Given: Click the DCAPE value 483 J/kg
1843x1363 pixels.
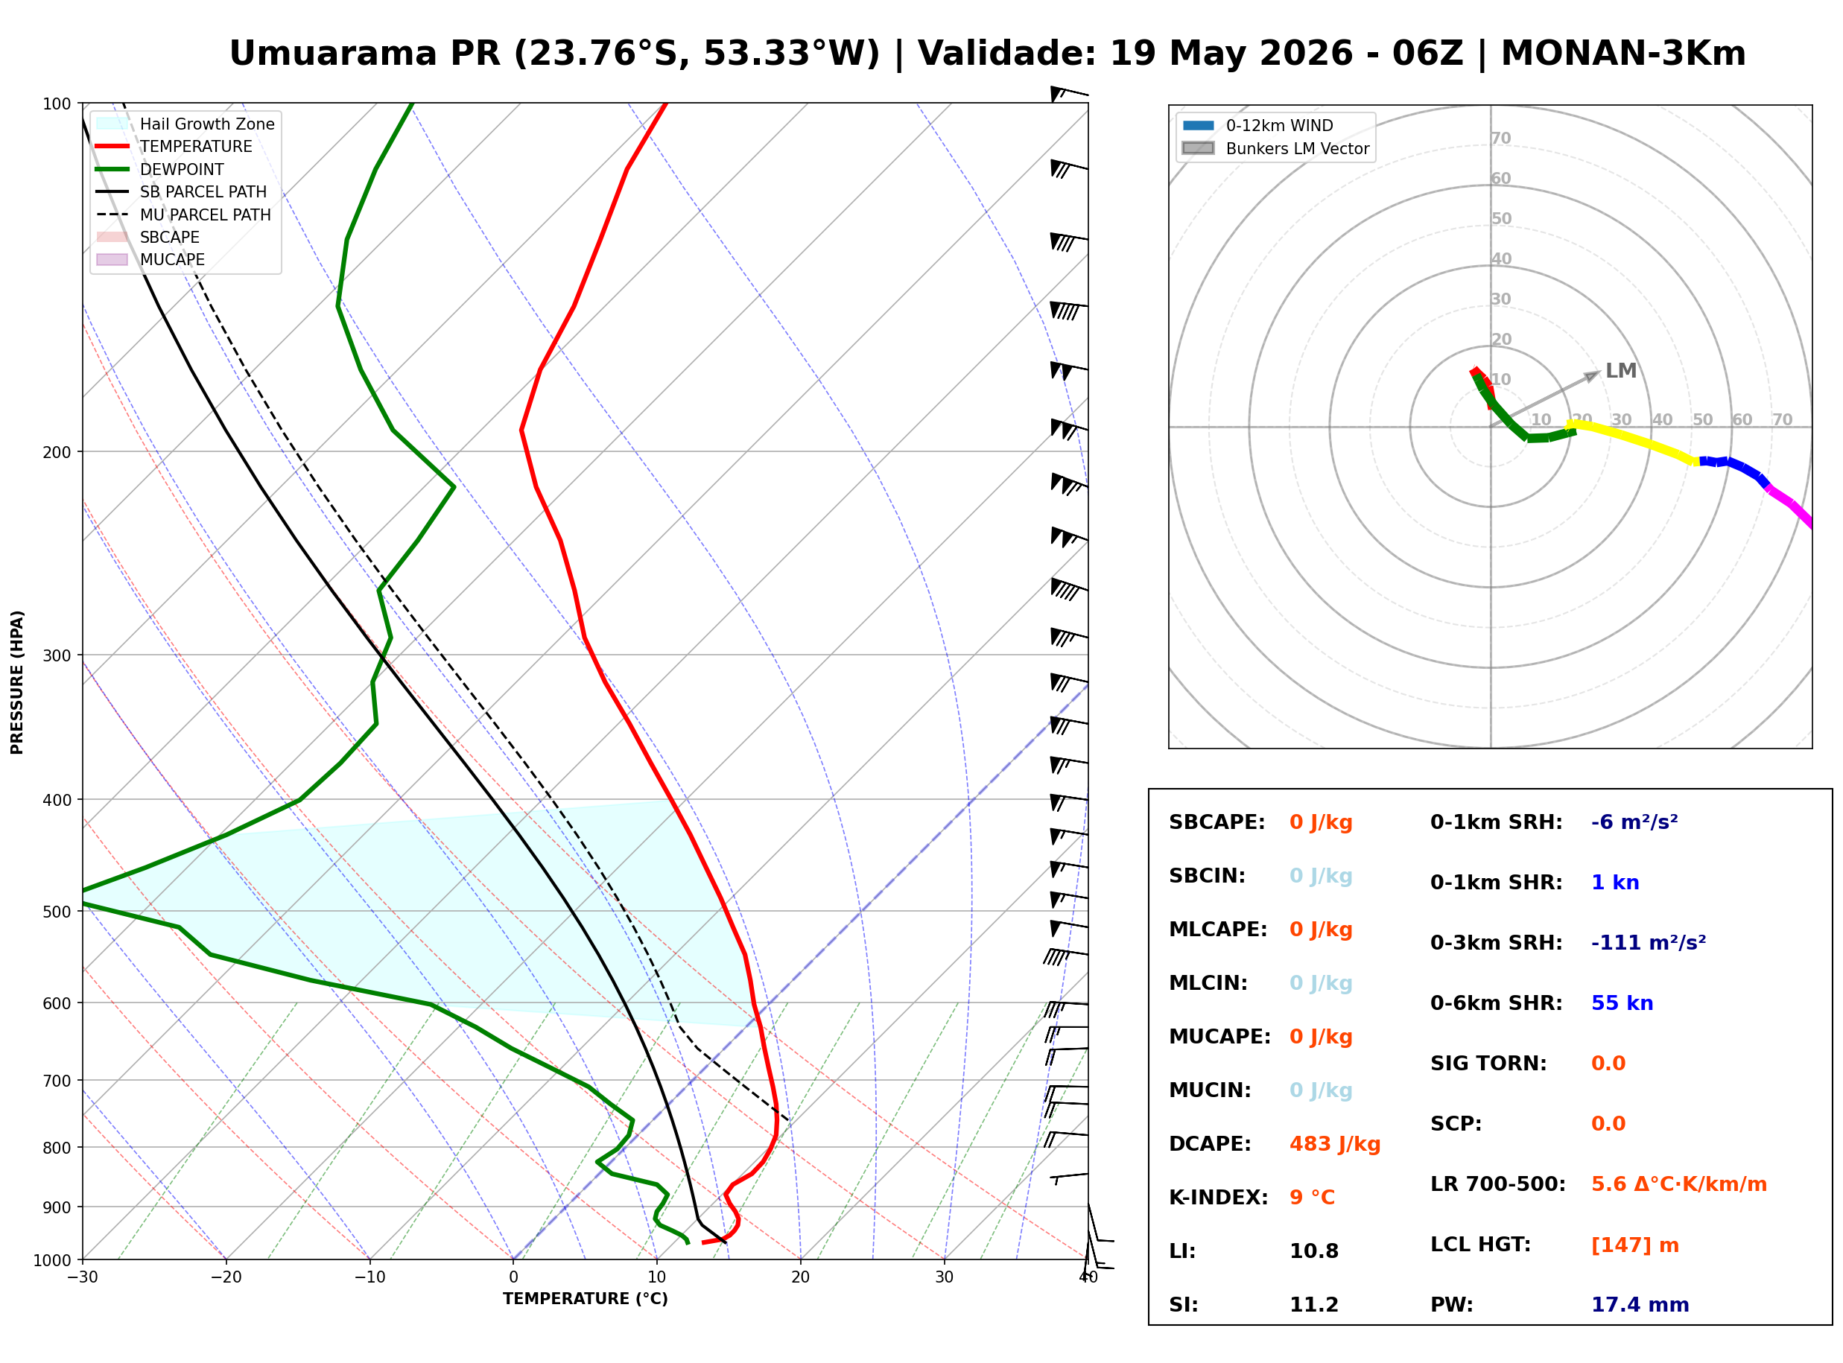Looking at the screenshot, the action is tap(1335, 1144).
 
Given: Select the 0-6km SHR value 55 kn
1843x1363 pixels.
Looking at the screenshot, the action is tap(1622, 1003).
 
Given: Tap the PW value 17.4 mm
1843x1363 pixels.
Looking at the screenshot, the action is tap(1640, 1304).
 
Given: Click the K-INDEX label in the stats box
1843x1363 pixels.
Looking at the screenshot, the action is tap(1219, 1197).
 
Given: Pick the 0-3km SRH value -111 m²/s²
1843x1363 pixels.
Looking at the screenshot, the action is tap(1649, 942).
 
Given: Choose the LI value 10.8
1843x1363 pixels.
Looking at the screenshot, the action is tap(1314, 1251).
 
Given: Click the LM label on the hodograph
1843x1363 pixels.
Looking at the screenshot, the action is tap(1621, 370).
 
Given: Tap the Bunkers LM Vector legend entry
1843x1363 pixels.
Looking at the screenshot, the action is tap(1276, 148).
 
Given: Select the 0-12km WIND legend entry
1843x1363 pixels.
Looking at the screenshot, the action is tap(1258, 125).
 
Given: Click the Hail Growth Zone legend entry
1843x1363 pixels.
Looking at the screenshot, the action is tap(186, 124).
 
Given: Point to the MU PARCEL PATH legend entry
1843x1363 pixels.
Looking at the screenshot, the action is tap(184, 215).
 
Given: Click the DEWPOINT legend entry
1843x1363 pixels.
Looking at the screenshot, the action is tap(160, 169).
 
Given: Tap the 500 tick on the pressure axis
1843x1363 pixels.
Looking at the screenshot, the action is tap(57, 911).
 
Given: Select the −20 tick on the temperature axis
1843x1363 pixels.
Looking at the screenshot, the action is tap(226, 1277).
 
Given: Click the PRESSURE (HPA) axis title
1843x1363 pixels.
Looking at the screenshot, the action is tap(17, 682).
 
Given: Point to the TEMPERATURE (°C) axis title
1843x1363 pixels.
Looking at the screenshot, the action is tap(586, 1299).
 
